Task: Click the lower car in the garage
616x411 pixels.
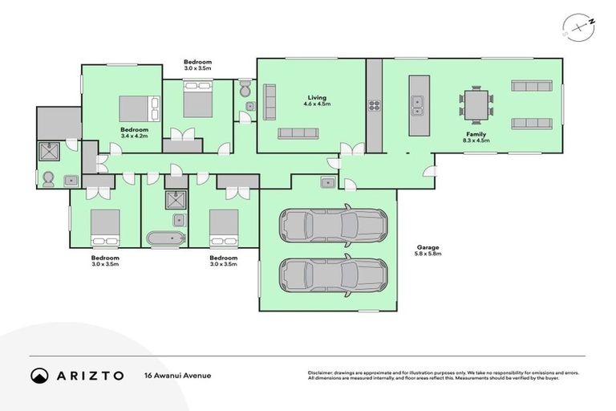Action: click(x=327, y=275)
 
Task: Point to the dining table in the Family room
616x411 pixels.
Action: click(x=477, y=105)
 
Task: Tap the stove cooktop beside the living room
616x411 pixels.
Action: click(x=374, y=104)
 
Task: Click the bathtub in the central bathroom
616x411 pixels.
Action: click(x=166, y=238)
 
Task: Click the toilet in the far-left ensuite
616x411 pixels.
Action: click(x=49, y=179)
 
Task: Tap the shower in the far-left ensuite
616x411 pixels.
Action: click(x=51, y=151)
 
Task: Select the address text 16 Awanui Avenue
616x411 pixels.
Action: click(x=178, y=375)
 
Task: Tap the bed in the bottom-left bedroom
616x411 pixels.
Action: click(x=105, y=226)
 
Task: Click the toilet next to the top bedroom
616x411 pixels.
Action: click(x=245, y=91)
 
